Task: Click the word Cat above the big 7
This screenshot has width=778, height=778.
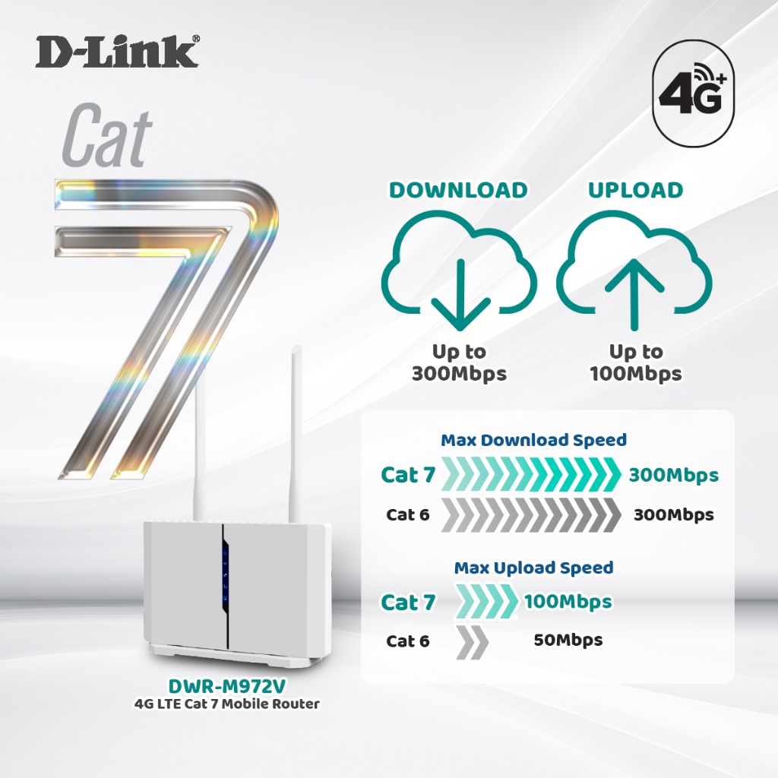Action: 106,138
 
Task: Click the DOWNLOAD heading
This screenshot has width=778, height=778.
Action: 458,190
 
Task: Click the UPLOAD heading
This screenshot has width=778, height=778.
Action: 635,190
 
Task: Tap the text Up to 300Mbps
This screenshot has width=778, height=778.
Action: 459,362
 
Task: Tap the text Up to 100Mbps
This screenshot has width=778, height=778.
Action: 635,362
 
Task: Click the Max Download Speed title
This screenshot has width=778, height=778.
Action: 534,440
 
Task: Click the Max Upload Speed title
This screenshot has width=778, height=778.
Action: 533,568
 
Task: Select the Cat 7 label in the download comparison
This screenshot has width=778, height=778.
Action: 408,476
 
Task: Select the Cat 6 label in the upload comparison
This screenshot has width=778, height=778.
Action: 407,640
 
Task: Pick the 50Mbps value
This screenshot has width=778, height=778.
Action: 568,640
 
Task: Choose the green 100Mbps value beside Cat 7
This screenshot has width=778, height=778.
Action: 568,602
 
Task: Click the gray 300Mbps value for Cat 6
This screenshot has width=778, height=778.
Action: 673,514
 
